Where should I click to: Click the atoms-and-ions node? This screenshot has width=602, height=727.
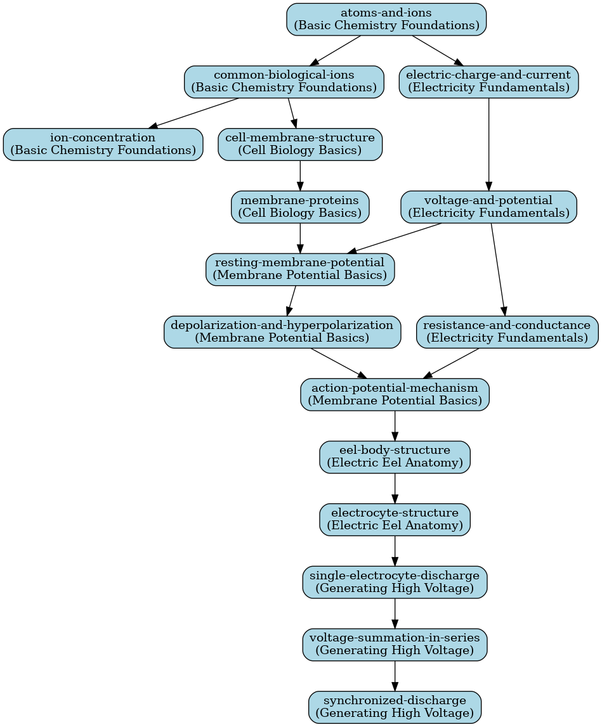tap(386, 20)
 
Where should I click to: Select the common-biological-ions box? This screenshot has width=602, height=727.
tap(284, 82)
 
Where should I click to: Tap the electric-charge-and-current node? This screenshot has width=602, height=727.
tap(488, 82)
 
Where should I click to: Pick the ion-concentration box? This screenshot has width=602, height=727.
tap(103, 145)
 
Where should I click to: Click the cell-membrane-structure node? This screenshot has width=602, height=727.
tap(300, 145)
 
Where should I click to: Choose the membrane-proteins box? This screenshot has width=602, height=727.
tap(300, 207)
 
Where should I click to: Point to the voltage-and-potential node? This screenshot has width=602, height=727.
tap(488, 207)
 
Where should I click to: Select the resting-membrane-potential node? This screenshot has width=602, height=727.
tap(300, 269)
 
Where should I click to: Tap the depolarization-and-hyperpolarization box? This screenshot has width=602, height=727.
tap(282, 332)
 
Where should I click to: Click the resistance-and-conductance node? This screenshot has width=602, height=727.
tap(507, 332)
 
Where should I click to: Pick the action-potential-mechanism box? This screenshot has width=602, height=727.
tap(395, 395)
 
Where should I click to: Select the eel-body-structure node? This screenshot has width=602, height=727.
tap(395, 457)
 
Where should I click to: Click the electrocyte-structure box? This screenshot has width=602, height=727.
tap(395, 520)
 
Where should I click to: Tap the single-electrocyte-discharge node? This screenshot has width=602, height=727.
tap(395, 582)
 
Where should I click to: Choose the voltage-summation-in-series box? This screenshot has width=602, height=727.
tap(395, 645)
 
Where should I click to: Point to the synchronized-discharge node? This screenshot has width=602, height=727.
tap(395, 707)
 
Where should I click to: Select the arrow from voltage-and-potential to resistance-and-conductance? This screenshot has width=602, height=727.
tap(498, 269)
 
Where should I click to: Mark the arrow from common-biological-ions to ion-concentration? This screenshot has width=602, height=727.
tap(194, 113)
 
